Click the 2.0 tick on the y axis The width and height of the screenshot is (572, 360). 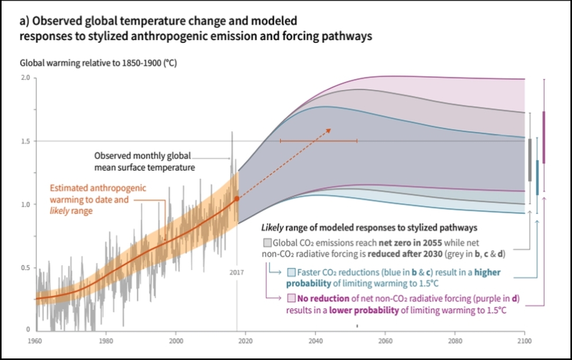point(25,78)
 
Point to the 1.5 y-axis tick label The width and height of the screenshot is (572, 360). point(25,141)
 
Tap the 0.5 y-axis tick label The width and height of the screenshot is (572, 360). point(25,268)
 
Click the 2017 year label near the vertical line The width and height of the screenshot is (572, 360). point(237,272)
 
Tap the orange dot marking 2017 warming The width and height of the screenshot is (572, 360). point(237,199)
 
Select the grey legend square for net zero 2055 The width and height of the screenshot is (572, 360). point(267,243)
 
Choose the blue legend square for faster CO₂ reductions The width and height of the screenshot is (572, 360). point(291,273)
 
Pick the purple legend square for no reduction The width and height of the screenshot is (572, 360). point(291,298)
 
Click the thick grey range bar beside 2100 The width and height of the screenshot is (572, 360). point(530,160)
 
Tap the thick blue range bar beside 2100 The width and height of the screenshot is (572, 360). point(537,177)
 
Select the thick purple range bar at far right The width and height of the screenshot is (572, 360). point(544,138)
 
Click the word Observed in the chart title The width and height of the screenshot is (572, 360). point(54,22)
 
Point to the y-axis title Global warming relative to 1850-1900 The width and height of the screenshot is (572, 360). point(98,62)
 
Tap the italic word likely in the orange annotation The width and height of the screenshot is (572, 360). point(60,211)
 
